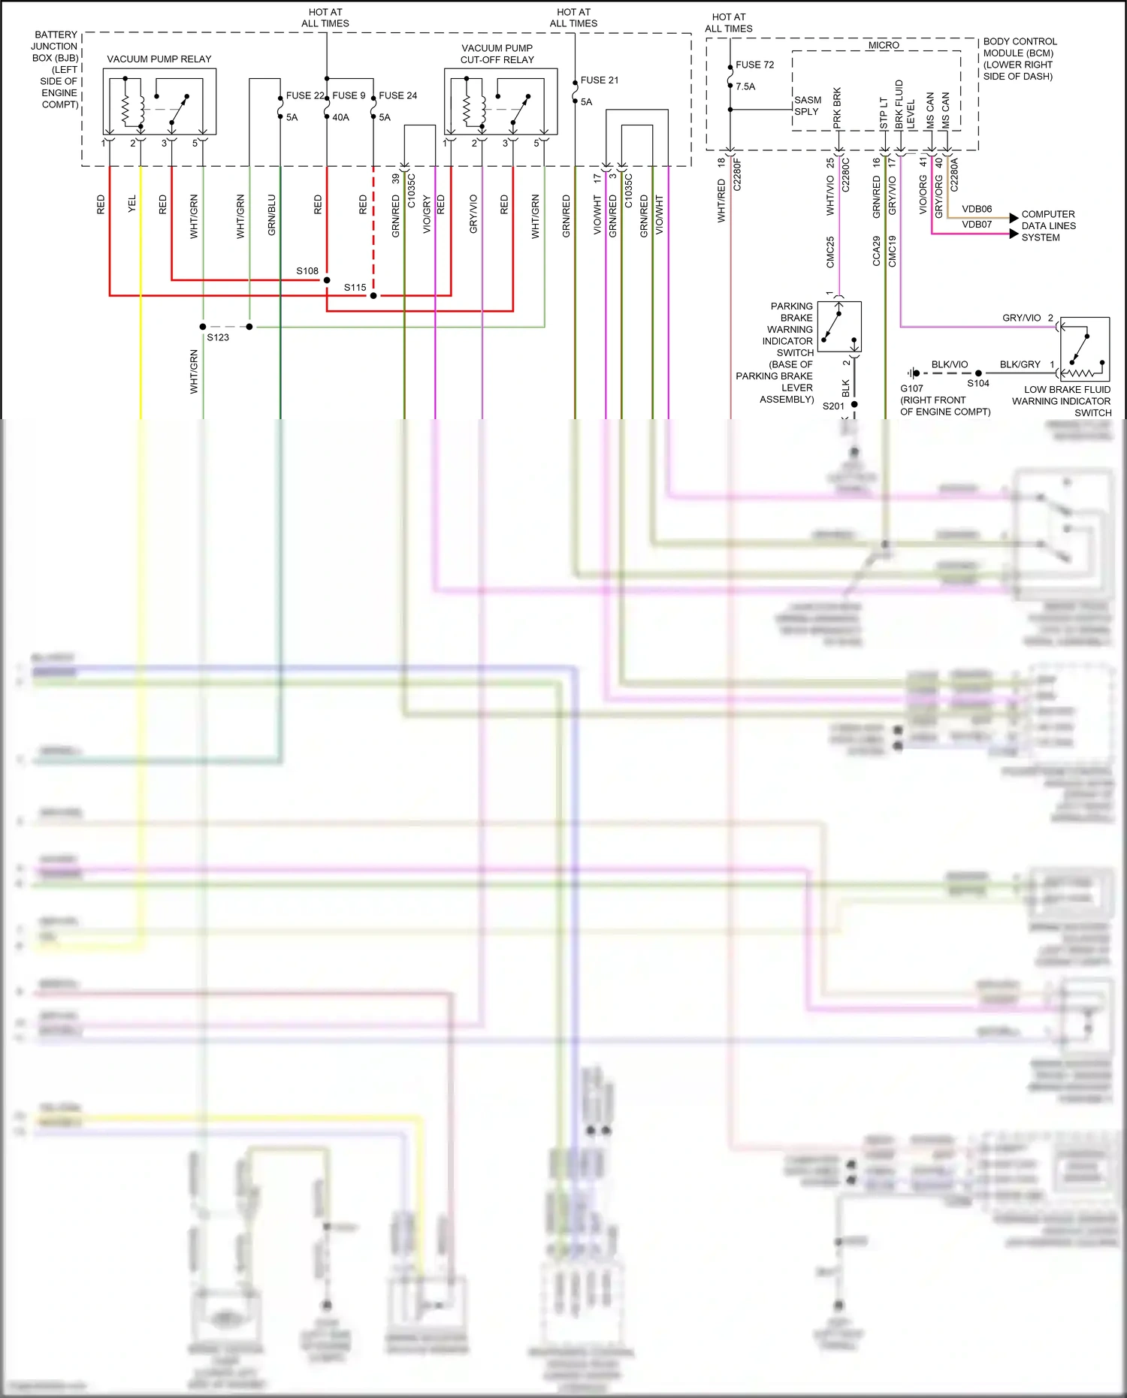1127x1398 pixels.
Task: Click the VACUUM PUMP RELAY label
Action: click(x=159, y=59)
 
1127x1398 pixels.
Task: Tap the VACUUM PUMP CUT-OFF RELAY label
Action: click(x=497, y=53)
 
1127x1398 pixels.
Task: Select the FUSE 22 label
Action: click(x=305, y=95)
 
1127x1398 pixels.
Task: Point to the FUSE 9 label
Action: click(x=349, y=95)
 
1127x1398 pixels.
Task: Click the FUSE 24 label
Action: click(x=397, y=95)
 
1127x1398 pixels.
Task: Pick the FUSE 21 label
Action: click(x=599, y=80)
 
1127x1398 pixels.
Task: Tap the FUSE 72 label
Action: click(x=754, y=65)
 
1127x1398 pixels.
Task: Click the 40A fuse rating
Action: click(x=340, y=117)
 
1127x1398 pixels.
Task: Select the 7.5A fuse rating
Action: click(x=745, y=86)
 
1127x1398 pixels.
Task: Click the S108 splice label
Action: click(x=307, y=270)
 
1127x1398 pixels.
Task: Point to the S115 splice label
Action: click(x=355, y=287)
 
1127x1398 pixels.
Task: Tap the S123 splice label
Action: click(x=218, y=337)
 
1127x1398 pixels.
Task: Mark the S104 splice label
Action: click(x=977, y=383)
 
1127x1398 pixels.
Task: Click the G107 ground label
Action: click(x=911, y=388)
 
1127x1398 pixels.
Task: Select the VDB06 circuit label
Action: click(x=977, y=209)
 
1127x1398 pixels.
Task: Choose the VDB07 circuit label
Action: click(x=977, y=224)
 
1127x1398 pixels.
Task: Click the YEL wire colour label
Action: click(x=132, y=204)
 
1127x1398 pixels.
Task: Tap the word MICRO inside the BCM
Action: click(x=883, y=45)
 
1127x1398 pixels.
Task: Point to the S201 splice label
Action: click(x=833, y=406)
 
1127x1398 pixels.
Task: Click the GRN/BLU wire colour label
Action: click(x=271, y=216)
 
